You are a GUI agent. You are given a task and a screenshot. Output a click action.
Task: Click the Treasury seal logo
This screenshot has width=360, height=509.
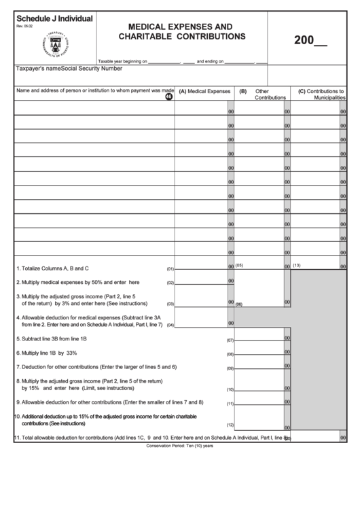point(47,45)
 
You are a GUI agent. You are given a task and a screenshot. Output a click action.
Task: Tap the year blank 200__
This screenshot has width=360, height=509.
point(310,39)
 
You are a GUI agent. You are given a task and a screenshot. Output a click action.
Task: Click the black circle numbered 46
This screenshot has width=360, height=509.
point(168,96)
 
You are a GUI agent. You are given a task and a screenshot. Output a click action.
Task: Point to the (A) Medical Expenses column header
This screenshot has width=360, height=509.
point(204,90)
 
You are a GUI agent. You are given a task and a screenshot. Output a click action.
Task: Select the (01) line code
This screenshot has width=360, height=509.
point(170,269)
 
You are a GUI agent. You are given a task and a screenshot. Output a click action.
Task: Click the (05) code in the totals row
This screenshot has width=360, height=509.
point(239,264)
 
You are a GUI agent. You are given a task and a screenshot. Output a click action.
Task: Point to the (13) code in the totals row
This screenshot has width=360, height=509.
point(296,264)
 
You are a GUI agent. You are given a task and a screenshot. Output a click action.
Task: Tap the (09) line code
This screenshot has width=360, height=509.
point(230,368)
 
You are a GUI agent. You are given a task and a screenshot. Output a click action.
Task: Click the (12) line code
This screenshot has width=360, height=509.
point(230,425)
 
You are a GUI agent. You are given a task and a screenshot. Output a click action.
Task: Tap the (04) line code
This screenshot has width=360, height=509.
point(170,324)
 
